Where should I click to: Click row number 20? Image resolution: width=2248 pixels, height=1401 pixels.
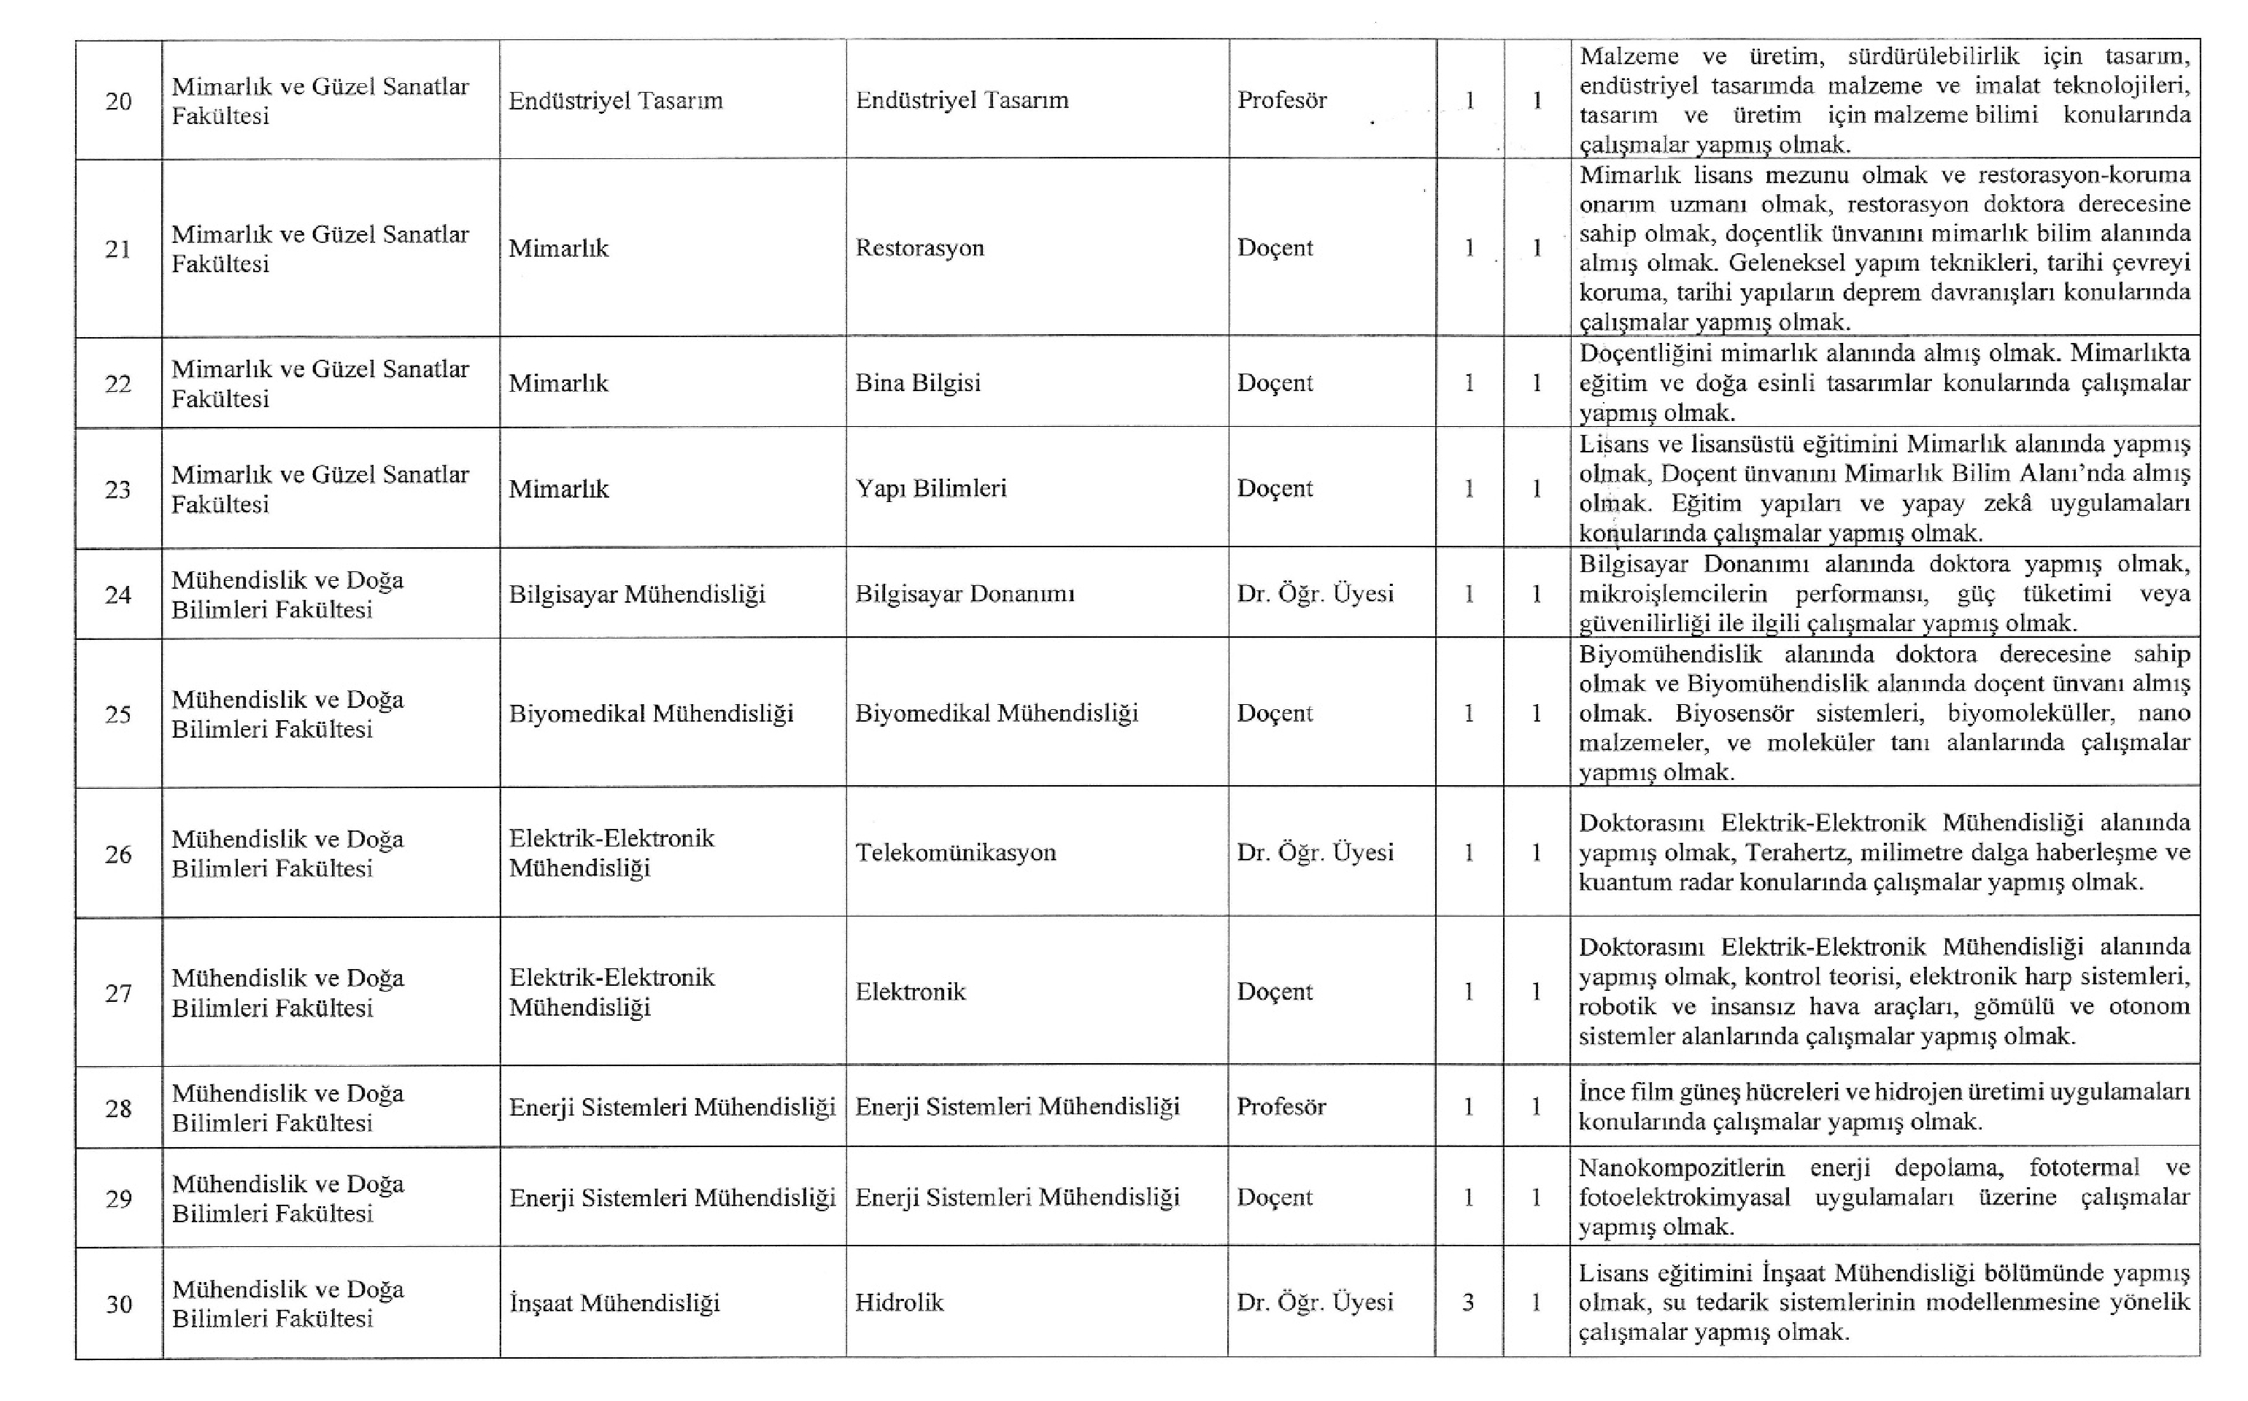pos(118,101)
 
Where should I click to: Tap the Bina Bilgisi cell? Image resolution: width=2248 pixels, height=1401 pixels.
pos(917,382)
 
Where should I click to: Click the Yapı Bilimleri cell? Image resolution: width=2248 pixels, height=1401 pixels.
pos(930,488)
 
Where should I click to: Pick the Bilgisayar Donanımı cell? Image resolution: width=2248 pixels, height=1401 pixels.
pos(965,594)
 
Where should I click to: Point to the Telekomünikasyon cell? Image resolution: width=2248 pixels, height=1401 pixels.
pos(955,852)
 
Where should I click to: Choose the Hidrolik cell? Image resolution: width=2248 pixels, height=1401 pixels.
pos(898,1302)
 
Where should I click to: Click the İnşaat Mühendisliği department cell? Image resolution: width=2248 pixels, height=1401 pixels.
pos(614,1302)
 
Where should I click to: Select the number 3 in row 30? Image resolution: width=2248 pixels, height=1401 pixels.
pos(1468,1302)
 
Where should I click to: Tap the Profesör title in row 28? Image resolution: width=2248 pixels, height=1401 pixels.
pos(1281,1106)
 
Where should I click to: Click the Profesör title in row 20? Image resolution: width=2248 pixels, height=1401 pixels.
pos(1281,100)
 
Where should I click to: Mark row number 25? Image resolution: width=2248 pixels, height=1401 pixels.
pos(118,714)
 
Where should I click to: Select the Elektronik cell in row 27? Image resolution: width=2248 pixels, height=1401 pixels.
pos(910,992)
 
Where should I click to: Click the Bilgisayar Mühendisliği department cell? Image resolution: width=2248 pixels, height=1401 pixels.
pos(636,594)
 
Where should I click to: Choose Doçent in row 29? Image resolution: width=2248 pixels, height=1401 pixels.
pos(1275,1197)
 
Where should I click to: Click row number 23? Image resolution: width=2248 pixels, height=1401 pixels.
pos(118,489)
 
